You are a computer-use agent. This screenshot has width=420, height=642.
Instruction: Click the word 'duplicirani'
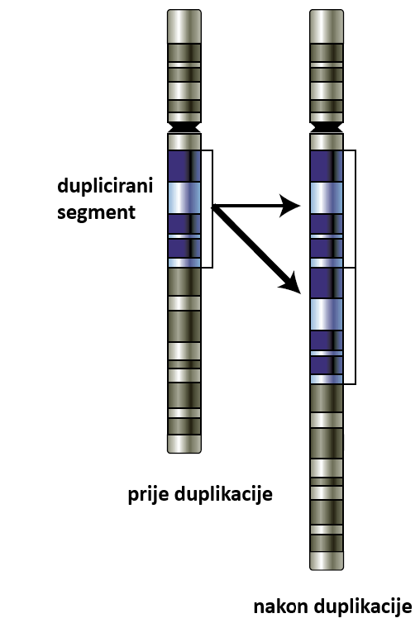point(105,186)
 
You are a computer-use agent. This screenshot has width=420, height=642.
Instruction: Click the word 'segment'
point(96,212)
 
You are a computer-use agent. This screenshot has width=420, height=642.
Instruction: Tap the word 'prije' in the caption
point(149,494)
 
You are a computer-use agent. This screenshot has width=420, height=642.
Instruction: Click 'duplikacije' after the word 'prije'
point(224,494)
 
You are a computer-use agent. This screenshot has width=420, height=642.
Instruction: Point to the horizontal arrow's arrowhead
point(290,206)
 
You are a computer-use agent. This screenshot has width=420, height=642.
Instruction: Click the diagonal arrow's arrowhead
point(291,283)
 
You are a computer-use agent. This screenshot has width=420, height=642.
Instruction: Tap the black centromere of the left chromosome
point(184,127)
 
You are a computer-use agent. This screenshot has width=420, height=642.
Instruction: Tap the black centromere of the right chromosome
point(327,127)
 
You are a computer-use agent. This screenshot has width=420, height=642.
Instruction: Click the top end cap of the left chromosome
point(184,26)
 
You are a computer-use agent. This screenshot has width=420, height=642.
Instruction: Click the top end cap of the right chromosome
point(327,26)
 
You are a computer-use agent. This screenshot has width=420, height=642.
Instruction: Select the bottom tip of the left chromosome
point(184,453)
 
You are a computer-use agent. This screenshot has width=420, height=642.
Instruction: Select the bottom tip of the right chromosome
point(327,569)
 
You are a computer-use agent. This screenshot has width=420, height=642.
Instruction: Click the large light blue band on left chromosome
point(184,197)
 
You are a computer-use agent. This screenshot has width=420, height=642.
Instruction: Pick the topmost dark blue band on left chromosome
point(184,166)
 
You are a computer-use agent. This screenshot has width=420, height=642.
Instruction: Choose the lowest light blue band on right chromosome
point(327,379)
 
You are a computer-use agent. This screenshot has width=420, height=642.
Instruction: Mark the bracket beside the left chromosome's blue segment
point(212,209)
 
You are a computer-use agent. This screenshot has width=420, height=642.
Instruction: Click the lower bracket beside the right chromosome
point(356,326)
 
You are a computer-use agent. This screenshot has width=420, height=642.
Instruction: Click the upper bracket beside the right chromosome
point(356,209)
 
